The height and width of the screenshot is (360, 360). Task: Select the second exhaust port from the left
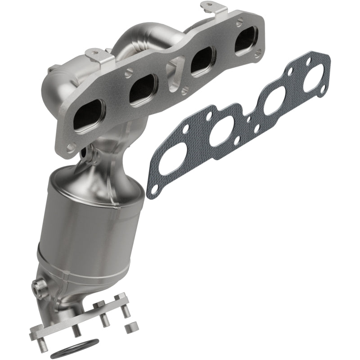143,88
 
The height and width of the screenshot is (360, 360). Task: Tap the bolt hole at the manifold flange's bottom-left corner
71,148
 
